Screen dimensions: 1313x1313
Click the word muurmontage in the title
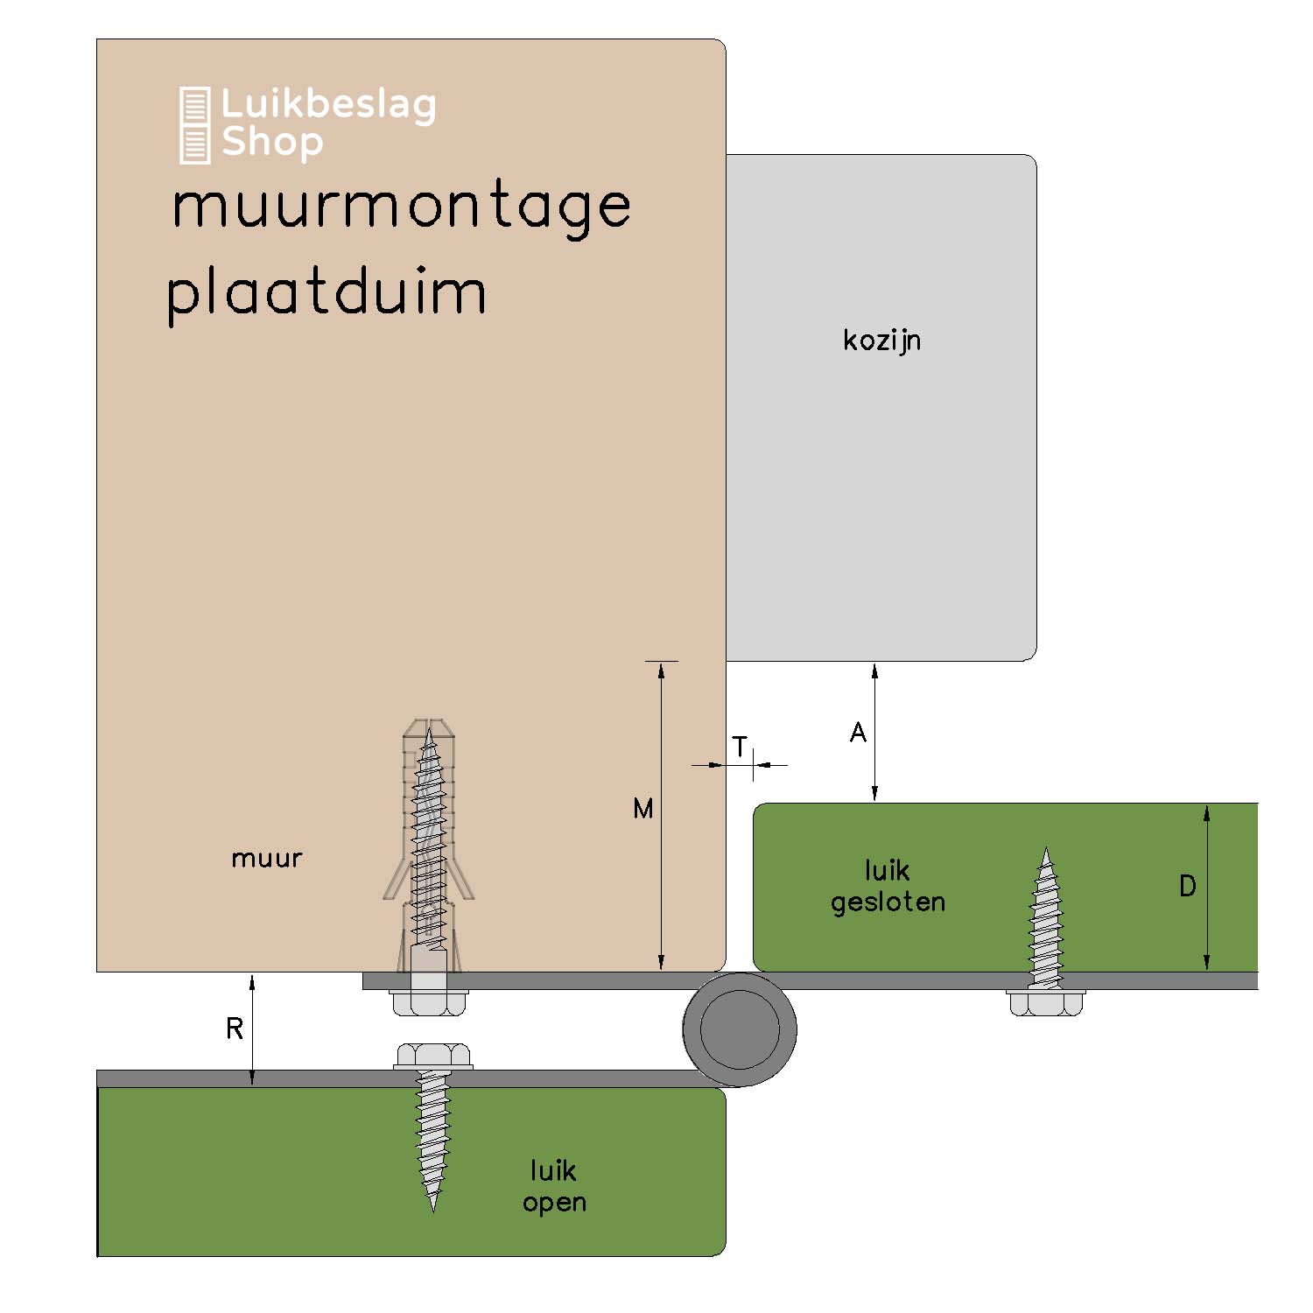pos(401,208)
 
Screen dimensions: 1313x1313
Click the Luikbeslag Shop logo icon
pos(194,124)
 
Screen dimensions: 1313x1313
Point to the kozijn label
pos(881,340)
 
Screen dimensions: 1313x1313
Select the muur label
pos(266,859)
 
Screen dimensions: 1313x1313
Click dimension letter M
pos(643,810)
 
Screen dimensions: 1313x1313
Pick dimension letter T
pos(741,748)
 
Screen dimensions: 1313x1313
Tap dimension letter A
pos(858,733)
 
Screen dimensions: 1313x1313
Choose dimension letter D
pos(1187,887)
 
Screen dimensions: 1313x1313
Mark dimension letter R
pos(234,1029)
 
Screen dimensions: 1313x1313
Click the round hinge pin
pos(740,1029)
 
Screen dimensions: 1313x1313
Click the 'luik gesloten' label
pos(888,886)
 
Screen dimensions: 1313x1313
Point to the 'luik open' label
pos(554,1186)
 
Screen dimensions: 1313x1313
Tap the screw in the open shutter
pos(432,1138)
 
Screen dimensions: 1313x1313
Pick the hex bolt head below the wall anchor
pos(428,1003)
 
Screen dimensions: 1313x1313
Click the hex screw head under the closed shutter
pos(1045,1003)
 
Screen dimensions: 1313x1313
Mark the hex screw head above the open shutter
pos(433,1056)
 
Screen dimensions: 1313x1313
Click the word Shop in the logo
pos(271,143)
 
